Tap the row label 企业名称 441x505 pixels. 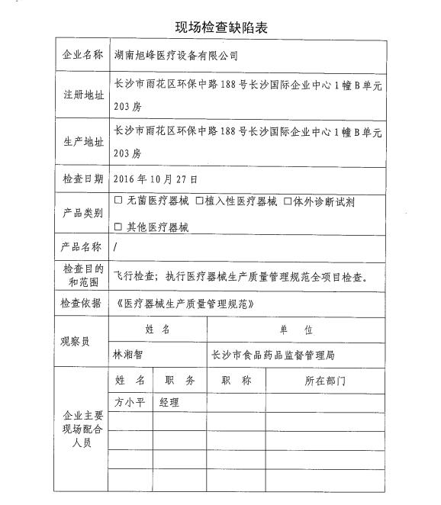82,56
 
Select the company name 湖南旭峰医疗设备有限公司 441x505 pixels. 175,56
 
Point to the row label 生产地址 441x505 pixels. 82,142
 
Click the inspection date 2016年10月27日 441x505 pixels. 155,180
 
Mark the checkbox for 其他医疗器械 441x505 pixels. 117,227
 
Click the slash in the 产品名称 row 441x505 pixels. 115,248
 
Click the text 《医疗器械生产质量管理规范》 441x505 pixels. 182,304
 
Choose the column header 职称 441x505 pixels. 236,381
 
